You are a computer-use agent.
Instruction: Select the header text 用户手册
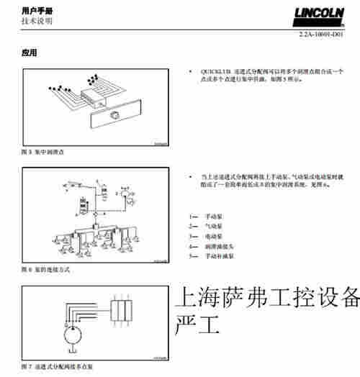37,11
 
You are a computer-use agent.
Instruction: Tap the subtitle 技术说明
37,21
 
